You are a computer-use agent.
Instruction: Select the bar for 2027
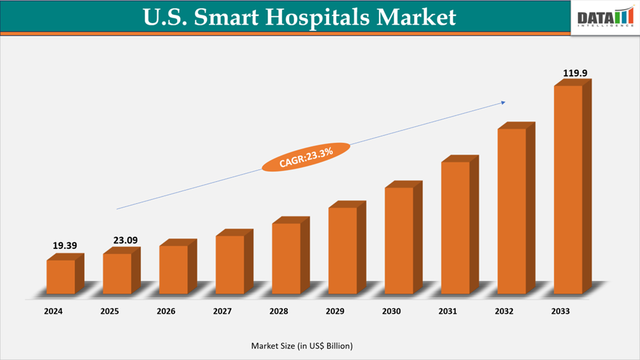(x=230, y=264)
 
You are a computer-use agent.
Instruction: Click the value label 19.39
(x=64, y=245)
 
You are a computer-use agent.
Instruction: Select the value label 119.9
(x=575, y=73)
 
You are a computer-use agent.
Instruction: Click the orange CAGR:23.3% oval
(x=306, y=157)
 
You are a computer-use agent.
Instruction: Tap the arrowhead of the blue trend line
(x=502, y=101)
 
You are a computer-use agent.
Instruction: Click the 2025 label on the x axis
(x=109, y=312)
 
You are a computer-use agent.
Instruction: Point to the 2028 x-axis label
(x=278, y=312)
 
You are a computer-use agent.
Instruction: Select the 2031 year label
(x=448, y=312)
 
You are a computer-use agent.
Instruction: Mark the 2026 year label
(x=166, y=312)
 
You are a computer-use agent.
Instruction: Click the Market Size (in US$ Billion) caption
(x=302, y=345)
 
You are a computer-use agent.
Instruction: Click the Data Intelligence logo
(x=605, y=17)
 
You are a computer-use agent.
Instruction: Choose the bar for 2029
(x=343, y=250)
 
